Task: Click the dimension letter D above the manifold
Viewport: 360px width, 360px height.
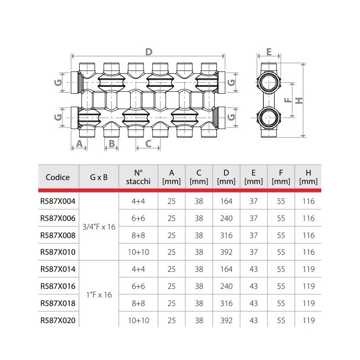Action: pos(148,52)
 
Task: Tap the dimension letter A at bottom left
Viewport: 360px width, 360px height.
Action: pos(79,144)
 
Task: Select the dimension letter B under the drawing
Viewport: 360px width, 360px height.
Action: pos(112,144)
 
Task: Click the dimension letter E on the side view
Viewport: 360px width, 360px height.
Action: pos(269,52)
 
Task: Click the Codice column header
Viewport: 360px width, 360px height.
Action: pos(58,177)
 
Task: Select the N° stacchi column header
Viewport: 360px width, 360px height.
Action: pos(139,177)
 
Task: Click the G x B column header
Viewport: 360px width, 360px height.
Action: pos(99,177)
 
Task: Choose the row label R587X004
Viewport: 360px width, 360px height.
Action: pos(58,201)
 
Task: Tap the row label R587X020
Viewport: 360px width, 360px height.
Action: pos(58,321)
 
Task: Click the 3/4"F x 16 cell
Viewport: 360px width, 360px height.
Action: pos(99,227)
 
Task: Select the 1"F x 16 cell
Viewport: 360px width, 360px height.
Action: pos(99,295)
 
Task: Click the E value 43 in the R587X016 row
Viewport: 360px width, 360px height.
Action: pos(253,287)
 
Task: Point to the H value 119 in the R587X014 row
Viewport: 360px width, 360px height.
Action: pos(309,270)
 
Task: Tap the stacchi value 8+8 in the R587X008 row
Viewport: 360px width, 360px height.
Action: pos(139,235)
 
